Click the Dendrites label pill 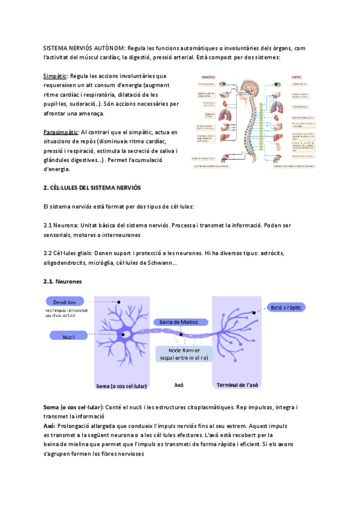pos(64,301)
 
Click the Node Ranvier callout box pos(184,354)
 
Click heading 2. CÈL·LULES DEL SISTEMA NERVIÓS pos(92,188)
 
